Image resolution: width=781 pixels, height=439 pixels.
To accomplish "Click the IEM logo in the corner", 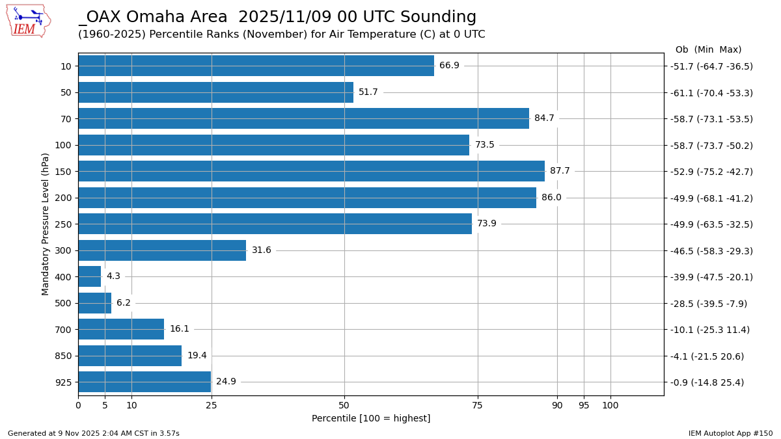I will (28, 20).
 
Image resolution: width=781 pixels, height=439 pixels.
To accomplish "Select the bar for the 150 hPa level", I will (311, 171).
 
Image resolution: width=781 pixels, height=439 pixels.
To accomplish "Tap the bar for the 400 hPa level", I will (90, 276).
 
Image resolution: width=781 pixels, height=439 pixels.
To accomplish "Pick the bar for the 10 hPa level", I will (256, 66).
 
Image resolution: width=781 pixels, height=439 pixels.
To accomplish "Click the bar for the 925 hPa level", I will (144, 382).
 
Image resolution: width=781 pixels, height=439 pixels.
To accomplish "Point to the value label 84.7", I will (544, 118).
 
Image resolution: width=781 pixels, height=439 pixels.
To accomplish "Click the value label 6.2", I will (124, 303).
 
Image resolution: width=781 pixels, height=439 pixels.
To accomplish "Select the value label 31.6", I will (261, 250).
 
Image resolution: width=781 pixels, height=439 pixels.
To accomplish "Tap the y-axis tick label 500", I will (63, 303).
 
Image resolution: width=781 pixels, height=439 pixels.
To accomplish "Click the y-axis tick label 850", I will (63, 356).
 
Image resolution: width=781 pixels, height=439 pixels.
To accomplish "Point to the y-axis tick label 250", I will (63, 224).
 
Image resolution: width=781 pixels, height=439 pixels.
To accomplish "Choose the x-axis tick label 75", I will (477, 406).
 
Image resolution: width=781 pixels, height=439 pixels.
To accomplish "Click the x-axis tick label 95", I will (584, 406).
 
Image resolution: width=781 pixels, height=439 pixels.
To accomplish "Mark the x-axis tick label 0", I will (78, 406).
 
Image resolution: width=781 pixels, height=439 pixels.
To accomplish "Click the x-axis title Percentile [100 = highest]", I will (371, 418).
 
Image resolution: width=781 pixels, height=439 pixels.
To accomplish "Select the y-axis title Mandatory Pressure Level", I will (46, 224).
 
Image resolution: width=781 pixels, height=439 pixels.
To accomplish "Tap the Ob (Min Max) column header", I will (708, 50).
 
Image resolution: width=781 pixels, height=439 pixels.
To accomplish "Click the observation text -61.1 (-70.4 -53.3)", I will (711, 93).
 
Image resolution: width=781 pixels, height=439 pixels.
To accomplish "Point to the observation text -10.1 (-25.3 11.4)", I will (710, 330).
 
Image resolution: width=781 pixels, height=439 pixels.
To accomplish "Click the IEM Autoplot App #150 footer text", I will (730, 433).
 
